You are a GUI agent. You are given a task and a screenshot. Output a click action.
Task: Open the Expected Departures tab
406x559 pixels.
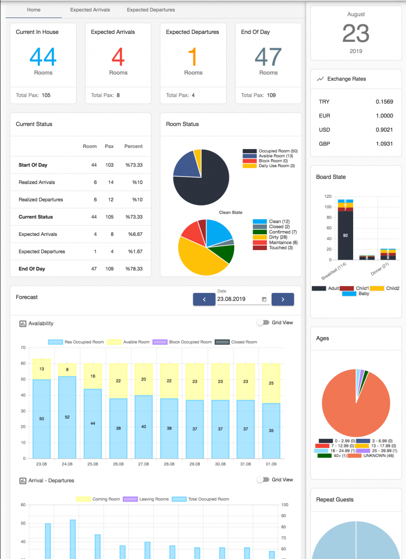tap(151, 10)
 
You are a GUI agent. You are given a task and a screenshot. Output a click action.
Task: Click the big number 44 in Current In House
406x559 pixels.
tap(43, 57)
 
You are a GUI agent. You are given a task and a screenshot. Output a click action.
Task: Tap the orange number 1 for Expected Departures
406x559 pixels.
tap(193, 57)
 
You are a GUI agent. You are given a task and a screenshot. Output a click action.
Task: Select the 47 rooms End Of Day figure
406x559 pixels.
tap(268, 57)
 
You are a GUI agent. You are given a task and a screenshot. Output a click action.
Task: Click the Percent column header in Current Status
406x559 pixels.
tap(133, 146)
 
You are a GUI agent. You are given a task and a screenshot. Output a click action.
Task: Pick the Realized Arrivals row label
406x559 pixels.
tap(36, 182)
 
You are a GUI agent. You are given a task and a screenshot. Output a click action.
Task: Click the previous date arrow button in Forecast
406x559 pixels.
tap(204, 299)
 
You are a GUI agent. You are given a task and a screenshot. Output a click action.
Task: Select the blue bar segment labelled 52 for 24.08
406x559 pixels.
tap(67, 417)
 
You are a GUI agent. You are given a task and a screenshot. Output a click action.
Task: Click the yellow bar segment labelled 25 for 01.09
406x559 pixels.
tap(271, 383)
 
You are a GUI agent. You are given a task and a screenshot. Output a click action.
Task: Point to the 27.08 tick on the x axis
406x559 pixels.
tap(143, 464)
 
